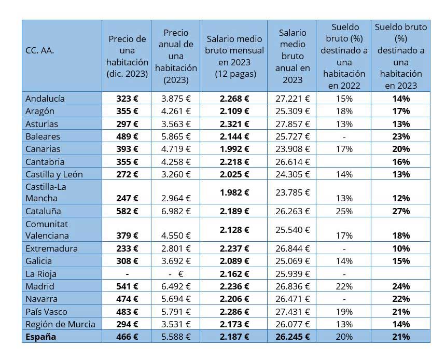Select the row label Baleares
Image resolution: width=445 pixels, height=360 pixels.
point(43,136)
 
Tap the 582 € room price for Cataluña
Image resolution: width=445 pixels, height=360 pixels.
point(128,211)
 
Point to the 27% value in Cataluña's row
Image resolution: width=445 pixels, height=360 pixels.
point(401,211)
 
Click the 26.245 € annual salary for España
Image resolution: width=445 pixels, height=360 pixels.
point(293,337)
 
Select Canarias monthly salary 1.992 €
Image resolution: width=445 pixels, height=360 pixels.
point(234,149)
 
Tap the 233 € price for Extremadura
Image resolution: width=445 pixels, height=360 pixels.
point(128,248)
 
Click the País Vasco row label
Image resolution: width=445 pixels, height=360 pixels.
point(46,311)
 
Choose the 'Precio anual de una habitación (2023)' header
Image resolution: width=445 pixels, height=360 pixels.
point(176,56)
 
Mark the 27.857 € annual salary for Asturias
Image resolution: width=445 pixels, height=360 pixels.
point(293,124)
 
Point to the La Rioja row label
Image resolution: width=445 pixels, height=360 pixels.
point(41,273)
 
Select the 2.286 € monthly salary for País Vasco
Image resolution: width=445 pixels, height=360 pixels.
point(234,311)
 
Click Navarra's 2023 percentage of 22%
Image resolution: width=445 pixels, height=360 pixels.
point(401,299)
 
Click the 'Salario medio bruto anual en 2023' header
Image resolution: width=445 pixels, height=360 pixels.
point(293,56)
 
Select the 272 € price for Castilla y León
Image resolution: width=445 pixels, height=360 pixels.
point(128,174)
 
